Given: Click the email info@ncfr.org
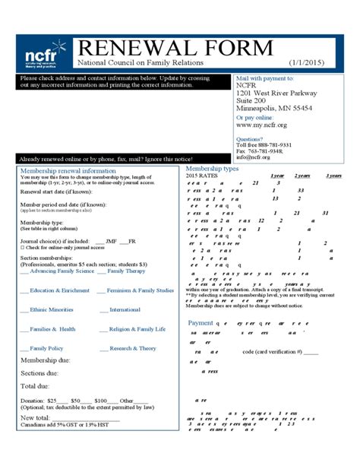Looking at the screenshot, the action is click(x=252, y=157).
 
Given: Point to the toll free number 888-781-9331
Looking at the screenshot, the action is click(x=264, y=145).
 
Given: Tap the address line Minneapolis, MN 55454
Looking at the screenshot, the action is click(x=274, y=109).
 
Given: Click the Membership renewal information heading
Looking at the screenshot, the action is click(x=68, y=171).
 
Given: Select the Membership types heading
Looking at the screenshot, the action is click(x=212, y=169).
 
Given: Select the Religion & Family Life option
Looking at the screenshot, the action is click(x=137, y=329).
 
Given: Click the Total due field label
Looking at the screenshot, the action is click(x=35, y=386).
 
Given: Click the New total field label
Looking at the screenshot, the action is click(x=36, y=417).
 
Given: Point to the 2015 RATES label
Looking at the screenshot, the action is click(x=201, y=176).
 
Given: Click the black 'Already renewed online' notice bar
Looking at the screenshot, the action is click(x=106, y=159).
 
